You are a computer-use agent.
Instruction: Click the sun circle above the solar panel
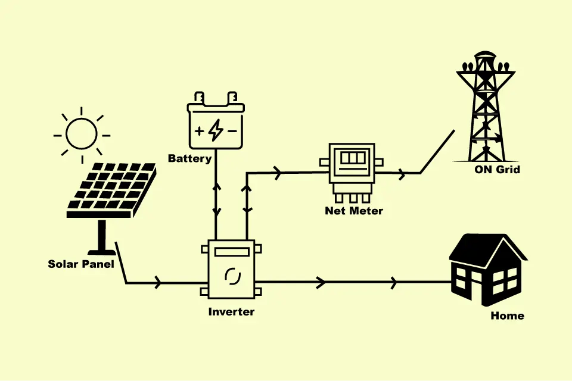point(82,133)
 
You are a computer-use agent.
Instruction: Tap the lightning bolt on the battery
point(215,130)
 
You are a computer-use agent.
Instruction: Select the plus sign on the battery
point(199,130)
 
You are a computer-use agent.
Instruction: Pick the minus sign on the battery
point(232,130)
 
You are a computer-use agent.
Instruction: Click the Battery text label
point(189,159)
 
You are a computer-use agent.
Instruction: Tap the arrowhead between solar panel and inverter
point(157,283)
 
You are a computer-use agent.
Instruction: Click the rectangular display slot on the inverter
point(231,252)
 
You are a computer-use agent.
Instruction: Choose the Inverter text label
point(231,312)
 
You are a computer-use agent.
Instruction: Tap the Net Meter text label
point(354,211)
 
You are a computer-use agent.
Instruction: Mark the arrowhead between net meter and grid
point(402,174)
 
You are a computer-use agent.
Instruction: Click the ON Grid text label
point(498,170)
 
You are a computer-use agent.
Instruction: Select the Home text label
point(508,316)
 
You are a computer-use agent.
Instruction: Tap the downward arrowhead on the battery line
point(216,211)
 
